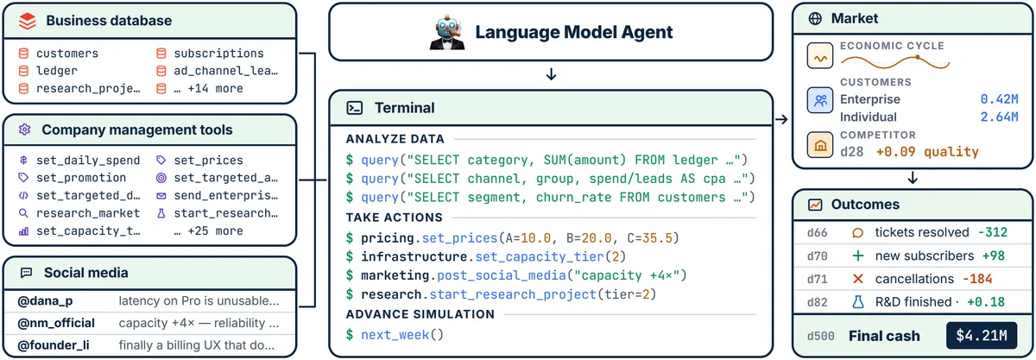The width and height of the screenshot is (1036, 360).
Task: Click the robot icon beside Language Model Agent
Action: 447,32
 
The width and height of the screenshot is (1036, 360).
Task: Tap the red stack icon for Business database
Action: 28,21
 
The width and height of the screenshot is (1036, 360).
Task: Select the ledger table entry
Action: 57,71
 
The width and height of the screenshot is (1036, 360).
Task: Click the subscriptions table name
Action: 218,54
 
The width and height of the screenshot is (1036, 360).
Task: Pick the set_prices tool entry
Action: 208,160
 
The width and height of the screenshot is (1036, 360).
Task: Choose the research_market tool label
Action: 88,213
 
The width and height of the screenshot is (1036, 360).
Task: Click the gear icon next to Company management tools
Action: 25,129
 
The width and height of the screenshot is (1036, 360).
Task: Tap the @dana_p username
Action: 45,301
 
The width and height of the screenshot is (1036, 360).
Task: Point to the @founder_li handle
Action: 54,345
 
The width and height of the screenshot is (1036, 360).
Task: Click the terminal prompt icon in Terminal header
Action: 354,108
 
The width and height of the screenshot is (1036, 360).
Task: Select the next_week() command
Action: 402,335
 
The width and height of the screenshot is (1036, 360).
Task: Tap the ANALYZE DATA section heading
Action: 395,139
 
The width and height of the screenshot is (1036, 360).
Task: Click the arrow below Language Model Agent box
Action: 551,74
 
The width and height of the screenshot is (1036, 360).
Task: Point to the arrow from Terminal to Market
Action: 781,119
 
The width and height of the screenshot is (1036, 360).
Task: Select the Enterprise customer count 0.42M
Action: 999,99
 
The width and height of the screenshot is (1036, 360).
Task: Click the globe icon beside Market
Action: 815,18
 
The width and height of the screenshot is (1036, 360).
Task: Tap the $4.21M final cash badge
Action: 982,336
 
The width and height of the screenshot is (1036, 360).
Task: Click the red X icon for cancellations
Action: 858,279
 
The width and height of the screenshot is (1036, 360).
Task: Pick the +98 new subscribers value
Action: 994,256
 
